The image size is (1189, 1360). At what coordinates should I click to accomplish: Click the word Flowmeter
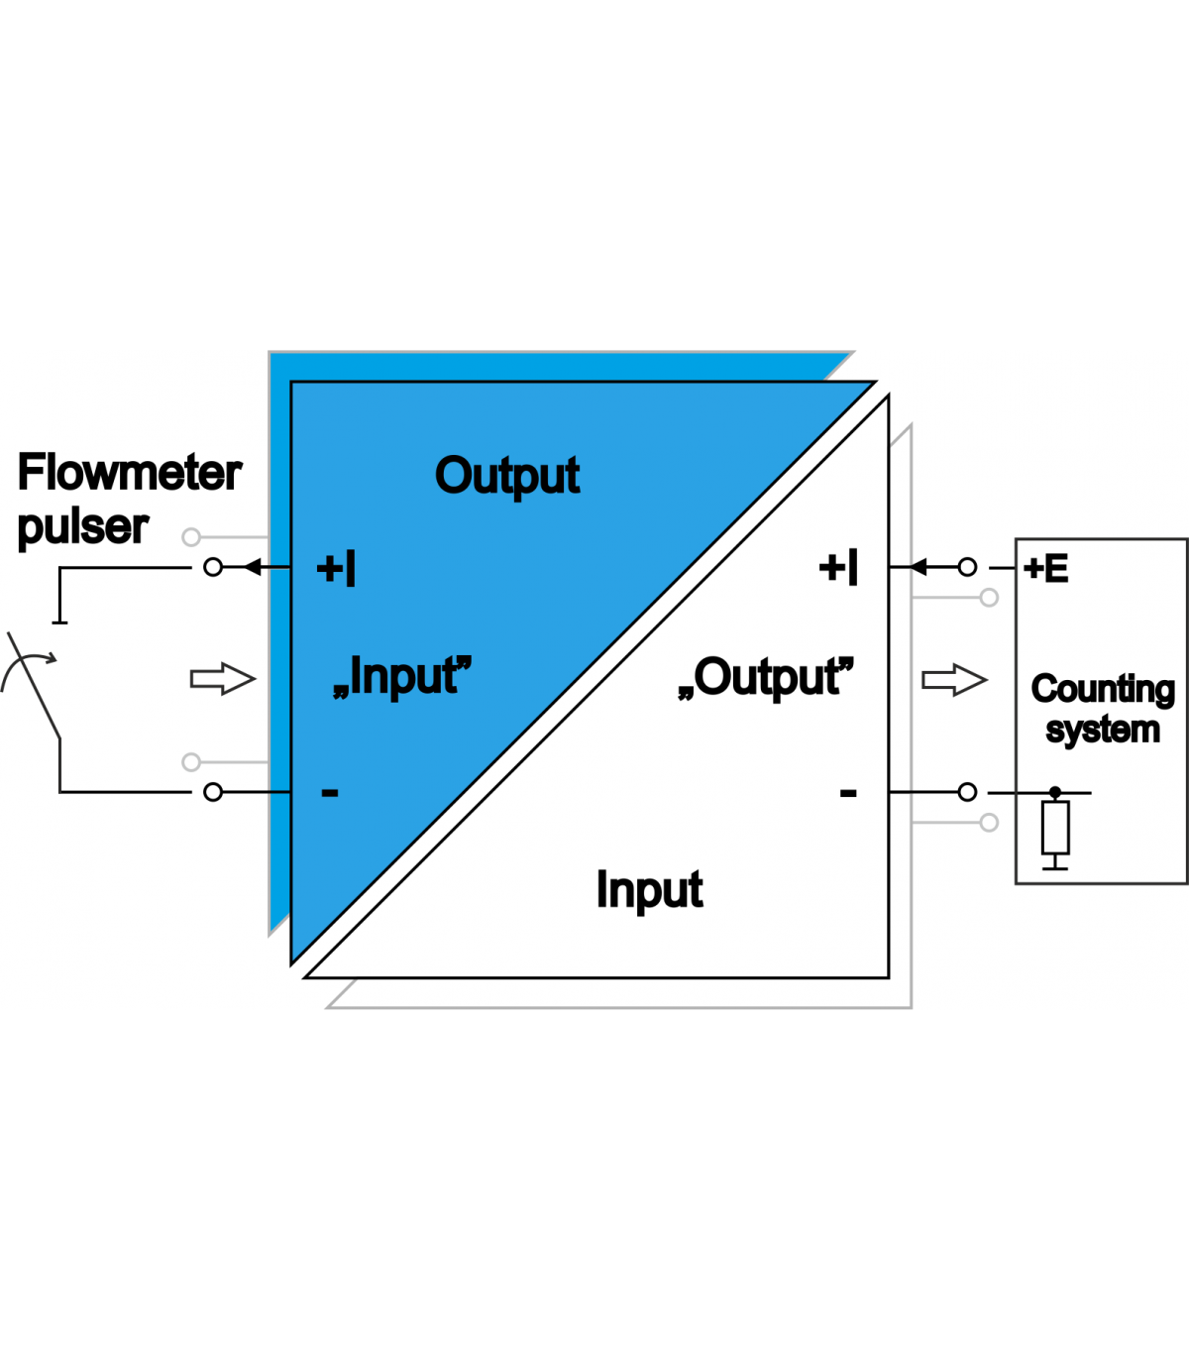tap(129, 473)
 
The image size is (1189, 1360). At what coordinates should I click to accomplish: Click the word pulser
tap(82, 527)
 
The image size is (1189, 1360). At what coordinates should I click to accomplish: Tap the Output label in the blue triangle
tap(507, 477)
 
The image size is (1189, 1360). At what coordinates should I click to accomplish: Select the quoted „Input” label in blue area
tap(402, 677)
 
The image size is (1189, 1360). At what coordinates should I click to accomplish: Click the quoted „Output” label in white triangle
tap(765, 678)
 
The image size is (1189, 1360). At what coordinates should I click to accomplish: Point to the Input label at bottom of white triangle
tap(649, 890)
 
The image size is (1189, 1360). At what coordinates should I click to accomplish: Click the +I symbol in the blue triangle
tap(336, 569)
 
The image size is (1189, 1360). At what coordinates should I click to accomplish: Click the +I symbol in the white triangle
tap(838, 568)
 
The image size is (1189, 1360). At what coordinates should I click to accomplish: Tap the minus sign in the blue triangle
tap(330, 792)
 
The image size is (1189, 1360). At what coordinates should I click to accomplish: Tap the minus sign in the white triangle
tap(848, 792)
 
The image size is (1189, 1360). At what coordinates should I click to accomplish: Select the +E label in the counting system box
tap(1046, 569)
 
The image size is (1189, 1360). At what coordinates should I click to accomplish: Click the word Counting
tap(1103, 689)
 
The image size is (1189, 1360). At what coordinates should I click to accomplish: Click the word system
tap(1103, 731)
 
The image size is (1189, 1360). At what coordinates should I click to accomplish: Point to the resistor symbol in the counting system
tap(1055, 828)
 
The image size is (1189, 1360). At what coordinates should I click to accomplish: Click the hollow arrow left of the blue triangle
tap(223, 679)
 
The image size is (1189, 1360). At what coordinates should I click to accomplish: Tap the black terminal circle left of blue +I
tap(213, 568)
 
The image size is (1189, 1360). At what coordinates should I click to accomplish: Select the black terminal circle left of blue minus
tap(213, 792)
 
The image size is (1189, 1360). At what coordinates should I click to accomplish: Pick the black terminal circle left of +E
tap(968, 568)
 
